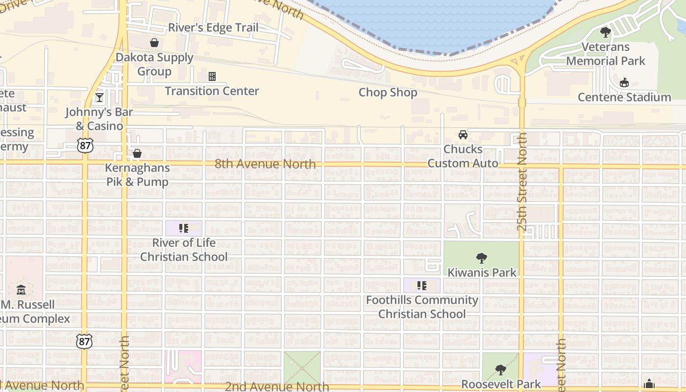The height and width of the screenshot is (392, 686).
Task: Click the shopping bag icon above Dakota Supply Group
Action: pos(154,43)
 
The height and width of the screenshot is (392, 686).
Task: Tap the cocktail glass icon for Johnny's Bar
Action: pos(99,98)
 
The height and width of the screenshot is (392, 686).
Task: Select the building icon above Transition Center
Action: pos(212,76)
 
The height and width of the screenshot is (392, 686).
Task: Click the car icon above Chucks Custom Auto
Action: pos(463,135)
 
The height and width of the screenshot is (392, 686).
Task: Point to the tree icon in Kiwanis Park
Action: pos(482,258)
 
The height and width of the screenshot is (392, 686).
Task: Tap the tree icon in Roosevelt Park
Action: pos(500,370)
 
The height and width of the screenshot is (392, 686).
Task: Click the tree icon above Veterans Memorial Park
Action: pos(606,33)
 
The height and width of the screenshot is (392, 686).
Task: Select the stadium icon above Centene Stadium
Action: pos(624,83)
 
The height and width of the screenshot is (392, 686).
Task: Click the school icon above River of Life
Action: pos(184,228)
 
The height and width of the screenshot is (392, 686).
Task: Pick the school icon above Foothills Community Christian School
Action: pos(422,286)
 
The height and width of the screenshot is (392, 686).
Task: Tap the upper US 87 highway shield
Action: pos(84,145)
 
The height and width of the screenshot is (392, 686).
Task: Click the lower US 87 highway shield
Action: pos(84,341)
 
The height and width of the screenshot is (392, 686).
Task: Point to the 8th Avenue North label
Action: pos(265,164)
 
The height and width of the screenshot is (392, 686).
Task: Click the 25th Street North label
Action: pos(522,181)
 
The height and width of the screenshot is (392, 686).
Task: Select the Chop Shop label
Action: pos(388,93)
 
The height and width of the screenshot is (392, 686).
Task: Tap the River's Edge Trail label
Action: pos(213,27)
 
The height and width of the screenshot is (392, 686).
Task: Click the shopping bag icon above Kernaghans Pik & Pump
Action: pos(137,154)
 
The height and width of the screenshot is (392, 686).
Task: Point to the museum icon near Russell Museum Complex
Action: pos(21,290)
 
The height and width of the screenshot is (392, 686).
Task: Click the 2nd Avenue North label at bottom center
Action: pos(277,387)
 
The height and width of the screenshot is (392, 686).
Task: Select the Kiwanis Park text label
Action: pos(482,272)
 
